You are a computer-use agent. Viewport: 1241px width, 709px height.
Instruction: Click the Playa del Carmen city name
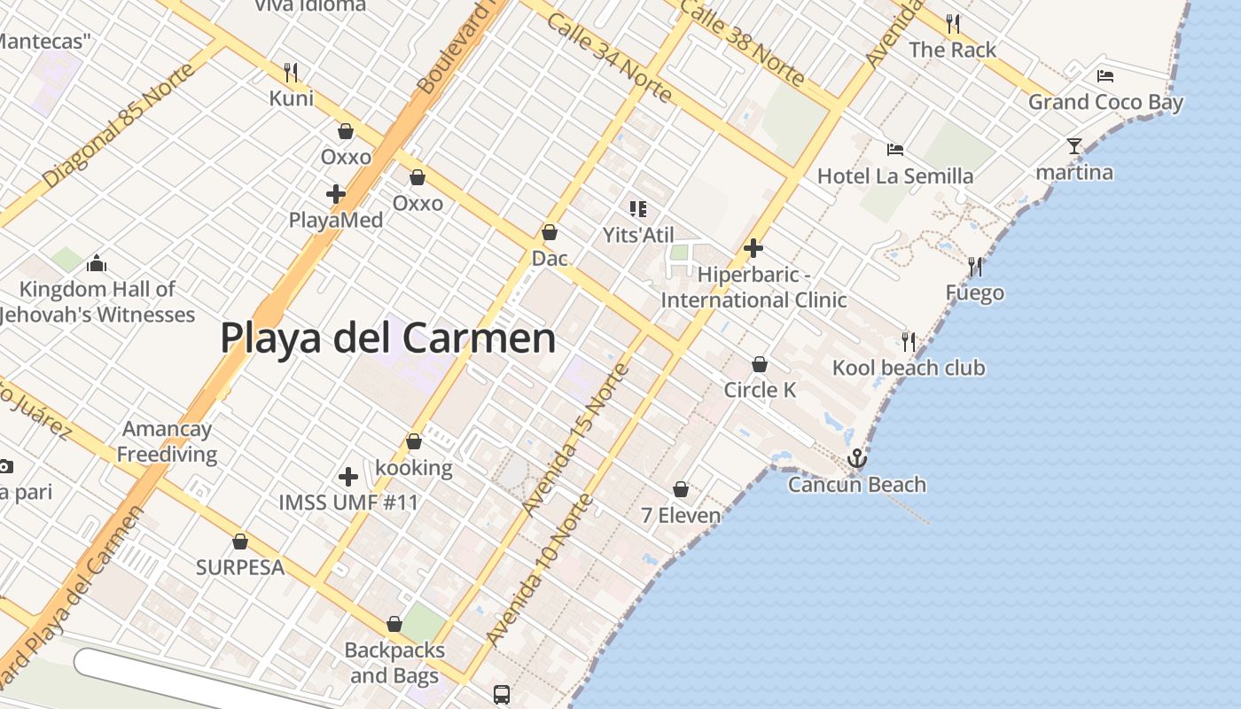pyautogui.click(x=388, y=338)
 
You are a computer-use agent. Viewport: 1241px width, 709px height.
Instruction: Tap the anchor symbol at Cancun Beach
pyautogui.click(x=856, y=458)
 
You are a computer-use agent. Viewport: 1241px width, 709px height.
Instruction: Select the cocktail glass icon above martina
pyautogui.click(x=1074, y=146)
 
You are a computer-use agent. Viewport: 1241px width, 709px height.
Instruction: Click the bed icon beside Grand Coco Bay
pyautogui.click(x=1104, y=76)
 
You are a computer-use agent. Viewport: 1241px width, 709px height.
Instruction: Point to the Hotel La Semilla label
pyautogui.click(x=895, y=175)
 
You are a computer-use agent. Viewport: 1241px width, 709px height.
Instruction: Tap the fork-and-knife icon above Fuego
pyautogui.click(x=975, y=266)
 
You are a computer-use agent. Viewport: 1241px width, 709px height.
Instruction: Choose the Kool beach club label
pyautogui.click(x=909, y=368)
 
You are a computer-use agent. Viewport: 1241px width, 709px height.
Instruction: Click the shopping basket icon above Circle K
pyautogui.click(x=760, y=364)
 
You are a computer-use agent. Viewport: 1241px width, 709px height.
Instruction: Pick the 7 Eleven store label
pyautogui.click(x=681, y=514)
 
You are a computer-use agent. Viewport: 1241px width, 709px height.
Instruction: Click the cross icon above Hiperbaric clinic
pyautogui.click(x=753, y=248)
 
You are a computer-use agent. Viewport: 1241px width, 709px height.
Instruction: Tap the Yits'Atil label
pyautogui.click(x=638, y=235)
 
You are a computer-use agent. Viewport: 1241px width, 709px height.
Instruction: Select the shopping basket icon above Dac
pyautogui.click(x=550, y=233)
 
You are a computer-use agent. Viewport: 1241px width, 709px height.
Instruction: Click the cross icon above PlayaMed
pyautogui.click(x=336, y=193)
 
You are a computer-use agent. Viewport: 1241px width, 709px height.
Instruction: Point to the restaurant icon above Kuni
pyautogui.click(x=291, y=72)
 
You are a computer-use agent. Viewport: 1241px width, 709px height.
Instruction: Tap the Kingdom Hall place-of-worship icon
pyautogui.click(x=97, y=263)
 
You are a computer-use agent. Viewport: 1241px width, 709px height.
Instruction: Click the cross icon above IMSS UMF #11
pyautogui.click(x=348, y=477)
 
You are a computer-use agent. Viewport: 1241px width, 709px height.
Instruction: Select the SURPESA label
pyautogui.click(x=240, y=567)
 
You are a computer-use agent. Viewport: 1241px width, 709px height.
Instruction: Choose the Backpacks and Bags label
pyautogui.click(x=394, y=663)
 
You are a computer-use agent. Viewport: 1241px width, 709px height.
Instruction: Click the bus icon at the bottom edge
pyautogui.click(x=502, y=694)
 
